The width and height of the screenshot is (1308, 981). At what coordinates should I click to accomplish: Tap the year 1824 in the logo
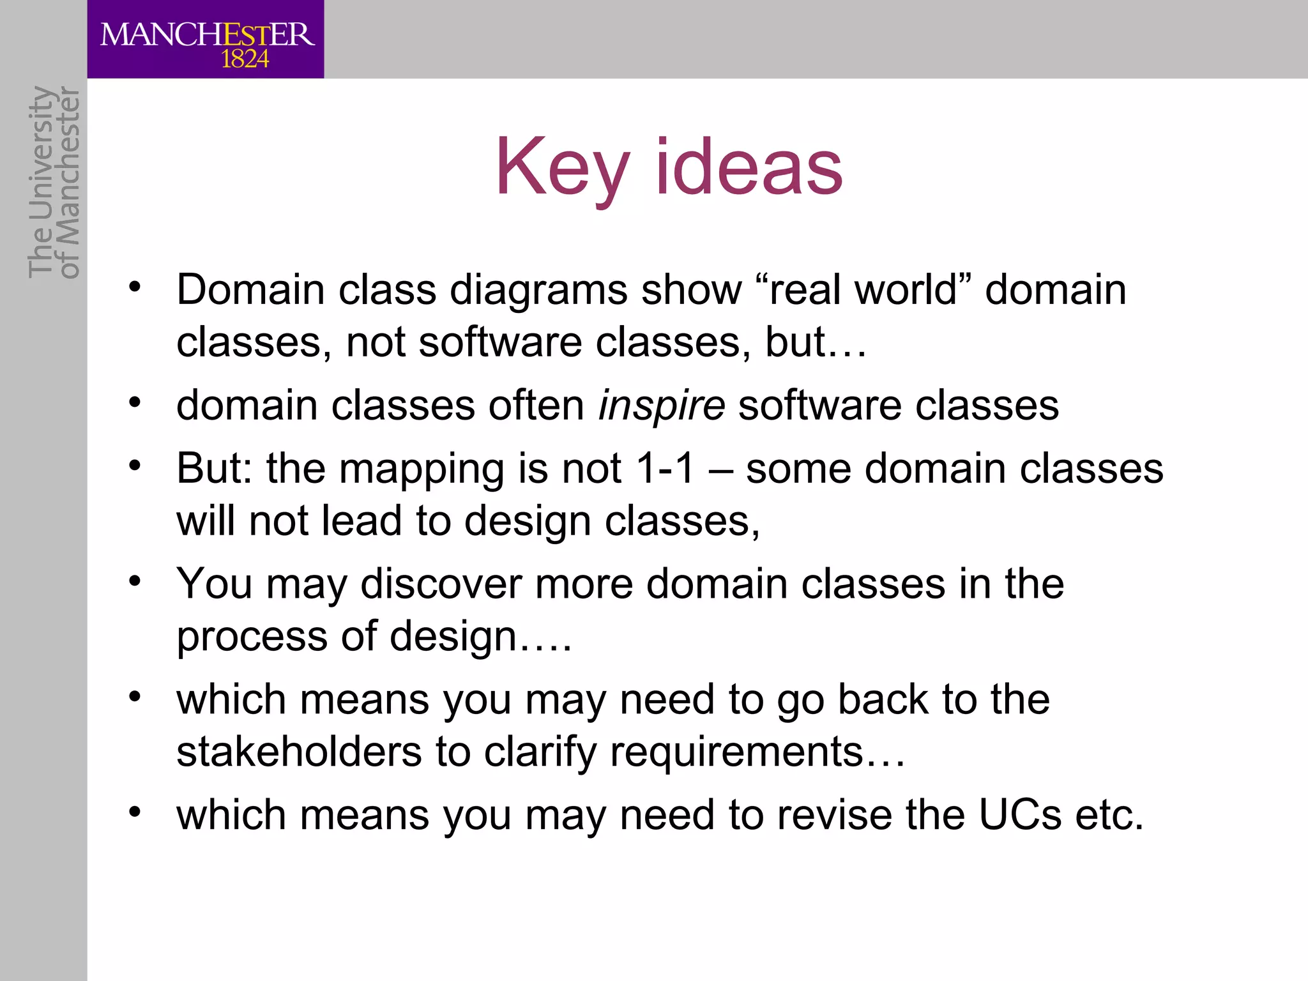(x=245, y=59)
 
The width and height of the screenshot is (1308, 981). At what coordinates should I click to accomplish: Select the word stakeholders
(x=300, y=751)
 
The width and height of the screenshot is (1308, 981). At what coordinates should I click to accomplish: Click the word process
(x=252, y=637)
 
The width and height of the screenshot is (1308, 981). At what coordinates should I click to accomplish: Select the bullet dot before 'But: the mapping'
(x=134, y=466)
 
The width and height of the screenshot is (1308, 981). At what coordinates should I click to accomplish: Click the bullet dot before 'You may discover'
(x=134, y=581)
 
